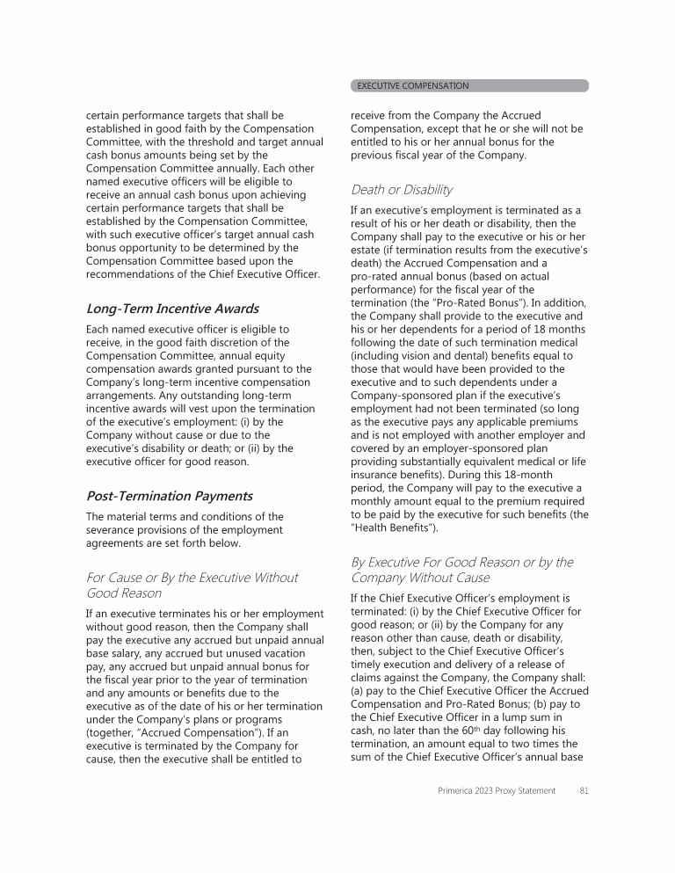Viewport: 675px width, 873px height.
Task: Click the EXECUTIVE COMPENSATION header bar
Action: click(x=469, y=85)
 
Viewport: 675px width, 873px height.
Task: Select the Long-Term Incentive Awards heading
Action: click(x=172, y=309)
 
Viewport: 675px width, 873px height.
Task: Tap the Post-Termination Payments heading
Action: click(x=169, y=496)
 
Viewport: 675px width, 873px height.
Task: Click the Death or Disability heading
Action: click(x=402, y=189)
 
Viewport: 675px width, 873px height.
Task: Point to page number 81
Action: click(x=583, y=790)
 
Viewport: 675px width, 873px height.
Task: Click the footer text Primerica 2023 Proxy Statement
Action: click(x=497, y=790)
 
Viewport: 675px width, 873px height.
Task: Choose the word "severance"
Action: click(x=112, y=530)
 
